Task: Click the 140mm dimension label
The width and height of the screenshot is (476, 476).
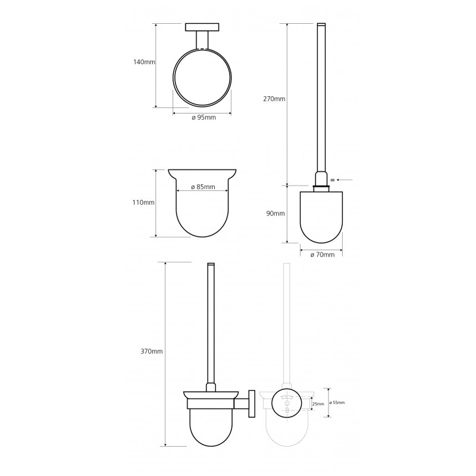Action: [144, 62]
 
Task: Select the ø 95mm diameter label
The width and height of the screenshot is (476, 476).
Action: [203, 117]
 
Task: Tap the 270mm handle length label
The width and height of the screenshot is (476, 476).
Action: [274, 99]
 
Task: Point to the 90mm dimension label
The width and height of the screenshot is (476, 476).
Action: [275, 214]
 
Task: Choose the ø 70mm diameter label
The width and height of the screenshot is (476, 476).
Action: [322, 255]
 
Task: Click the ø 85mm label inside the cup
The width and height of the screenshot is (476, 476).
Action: [203, 187]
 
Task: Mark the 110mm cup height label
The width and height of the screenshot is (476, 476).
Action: [143, 202]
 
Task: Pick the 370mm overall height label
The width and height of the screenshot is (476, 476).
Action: [152, 352]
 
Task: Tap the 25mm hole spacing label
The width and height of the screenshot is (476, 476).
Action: [318, 404]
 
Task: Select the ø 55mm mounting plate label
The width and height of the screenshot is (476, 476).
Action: [337, 403]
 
